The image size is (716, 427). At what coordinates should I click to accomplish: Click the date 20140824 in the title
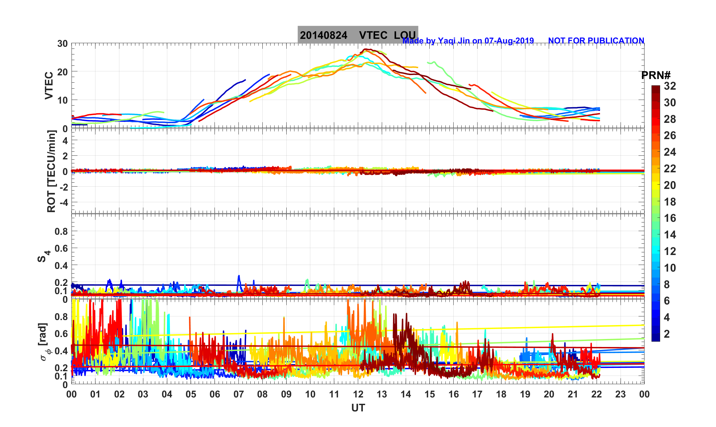324,35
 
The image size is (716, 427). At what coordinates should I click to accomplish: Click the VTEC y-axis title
49,85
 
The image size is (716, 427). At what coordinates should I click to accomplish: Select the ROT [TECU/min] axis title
51,171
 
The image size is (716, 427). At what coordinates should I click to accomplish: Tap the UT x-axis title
358,408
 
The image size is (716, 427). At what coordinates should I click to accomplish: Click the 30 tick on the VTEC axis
62,43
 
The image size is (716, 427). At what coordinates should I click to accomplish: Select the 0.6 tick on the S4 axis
61,248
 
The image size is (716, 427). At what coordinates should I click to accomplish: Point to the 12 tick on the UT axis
358,394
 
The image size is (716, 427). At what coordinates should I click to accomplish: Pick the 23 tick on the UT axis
621,394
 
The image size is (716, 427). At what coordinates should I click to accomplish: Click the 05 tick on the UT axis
191,394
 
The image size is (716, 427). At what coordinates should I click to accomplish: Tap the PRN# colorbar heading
656,75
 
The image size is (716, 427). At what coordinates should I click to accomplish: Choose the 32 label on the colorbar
670,86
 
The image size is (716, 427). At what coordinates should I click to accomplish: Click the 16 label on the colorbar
670,218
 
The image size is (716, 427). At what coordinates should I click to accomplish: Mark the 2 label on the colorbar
667,334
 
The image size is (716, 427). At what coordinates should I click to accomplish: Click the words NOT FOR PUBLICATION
596,41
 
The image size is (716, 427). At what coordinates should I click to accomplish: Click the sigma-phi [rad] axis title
44,342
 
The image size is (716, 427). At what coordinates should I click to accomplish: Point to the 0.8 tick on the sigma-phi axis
61,317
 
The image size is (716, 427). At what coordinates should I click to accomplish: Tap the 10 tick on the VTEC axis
62,100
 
